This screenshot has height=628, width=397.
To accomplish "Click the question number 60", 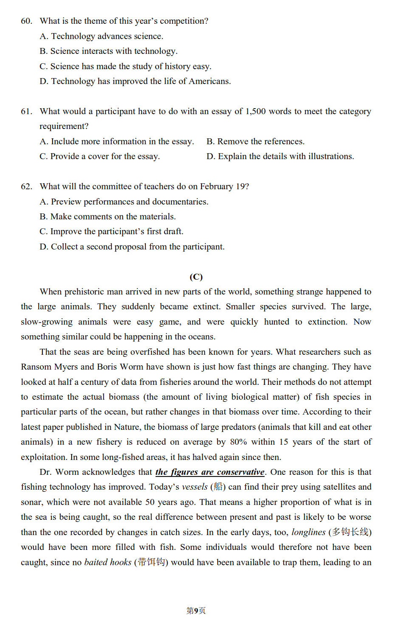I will tap(26, 21).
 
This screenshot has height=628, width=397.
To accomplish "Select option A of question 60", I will tap(101, 36).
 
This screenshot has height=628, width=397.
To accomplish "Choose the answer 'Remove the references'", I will tap(255, 142).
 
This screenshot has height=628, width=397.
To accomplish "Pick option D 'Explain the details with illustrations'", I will tap(280, 157).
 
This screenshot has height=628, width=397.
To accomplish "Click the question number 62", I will tap(26, 187).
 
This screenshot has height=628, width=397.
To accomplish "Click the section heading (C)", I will tap(196, 277).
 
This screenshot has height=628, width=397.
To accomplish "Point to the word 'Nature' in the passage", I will tap(127, 427).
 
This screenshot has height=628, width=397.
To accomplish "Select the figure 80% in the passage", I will tap(238, 442).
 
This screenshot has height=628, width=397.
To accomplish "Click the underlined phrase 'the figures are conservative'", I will tap(210, 472).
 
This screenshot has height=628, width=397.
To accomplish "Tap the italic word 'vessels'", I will tap(195, 487).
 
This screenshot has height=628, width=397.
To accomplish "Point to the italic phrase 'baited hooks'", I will tap(108, 563).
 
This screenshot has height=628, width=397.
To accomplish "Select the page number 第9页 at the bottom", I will tap(196, 611).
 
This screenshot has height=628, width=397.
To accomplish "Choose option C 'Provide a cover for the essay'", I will tap(100, 157).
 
